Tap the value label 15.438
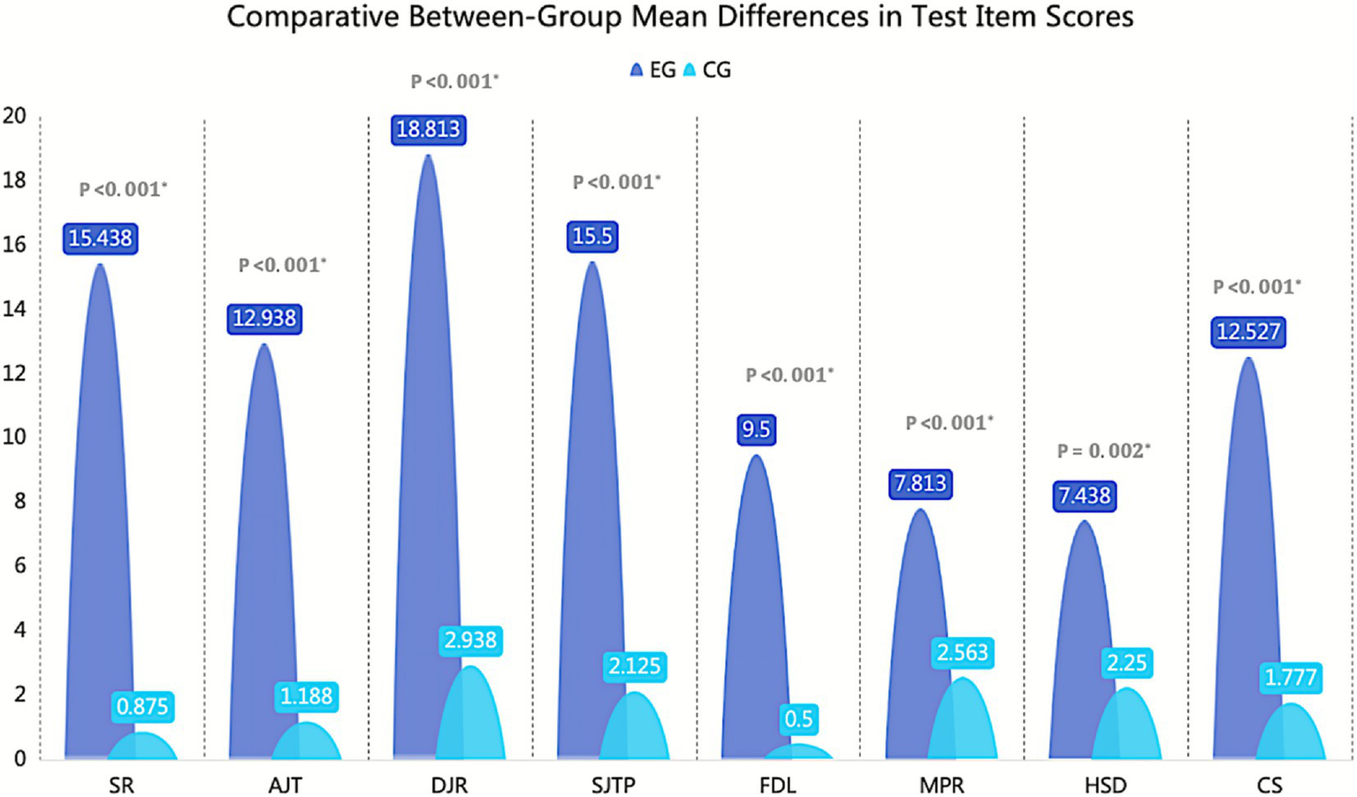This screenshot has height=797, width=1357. click(100, 239)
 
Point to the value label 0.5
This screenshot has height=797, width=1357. click(798, 719)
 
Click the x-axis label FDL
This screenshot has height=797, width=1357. click(777, 785)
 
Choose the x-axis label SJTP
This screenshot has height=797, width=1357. click(614, 785)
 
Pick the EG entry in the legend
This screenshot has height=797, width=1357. click(653, 71)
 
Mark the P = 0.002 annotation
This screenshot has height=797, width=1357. click(1103, 452)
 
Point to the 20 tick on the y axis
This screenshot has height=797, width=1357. click(15, 116)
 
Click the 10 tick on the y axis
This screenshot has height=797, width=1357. click(15, 436)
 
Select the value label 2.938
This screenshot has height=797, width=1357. click(470, 640)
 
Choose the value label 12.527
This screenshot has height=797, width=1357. click(1247, 332)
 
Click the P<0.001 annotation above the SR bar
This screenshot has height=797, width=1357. click(123, 189)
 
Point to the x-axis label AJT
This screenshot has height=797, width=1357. click(285, 785)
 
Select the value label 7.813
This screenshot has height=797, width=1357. click(920, 484)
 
